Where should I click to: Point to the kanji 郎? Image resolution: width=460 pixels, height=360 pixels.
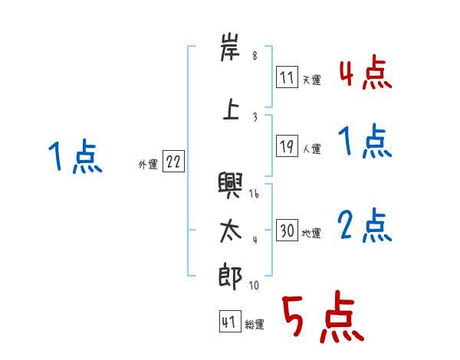(229, 274)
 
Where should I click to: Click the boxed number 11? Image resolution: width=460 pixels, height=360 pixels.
(287, 77)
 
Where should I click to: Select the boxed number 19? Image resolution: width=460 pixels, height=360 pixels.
(287, 146)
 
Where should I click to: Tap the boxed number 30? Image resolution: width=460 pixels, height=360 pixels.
(287, 231)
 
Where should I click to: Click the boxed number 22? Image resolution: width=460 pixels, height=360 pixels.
(173, 162)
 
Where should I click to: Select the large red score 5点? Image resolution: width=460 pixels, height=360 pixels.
(322, 319)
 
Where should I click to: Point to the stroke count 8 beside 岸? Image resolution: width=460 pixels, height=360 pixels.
(255, 56)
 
